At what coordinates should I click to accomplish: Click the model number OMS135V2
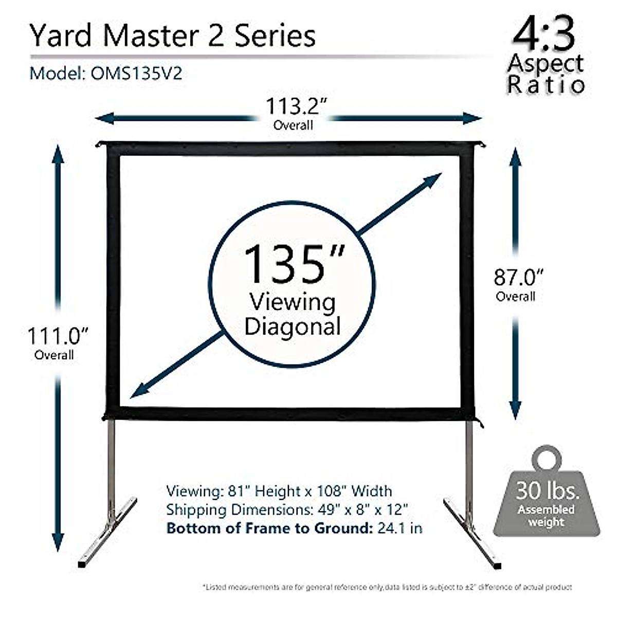coord(136,74)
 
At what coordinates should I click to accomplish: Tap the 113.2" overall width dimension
coord(296,106)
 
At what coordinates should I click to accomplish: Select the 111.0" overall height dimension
coord(58,336)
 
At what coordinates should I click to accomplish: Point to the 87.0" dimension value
coord(518,278)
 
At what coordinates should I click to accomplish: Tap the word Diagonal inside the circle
coord(292,326)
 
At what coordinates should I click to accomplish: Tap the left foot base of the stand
coord(108,532)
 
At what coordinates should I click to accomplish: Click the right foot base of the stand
coord(472,532)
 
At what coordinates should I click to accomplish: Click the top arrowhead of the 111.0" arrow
coord(58,154)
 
